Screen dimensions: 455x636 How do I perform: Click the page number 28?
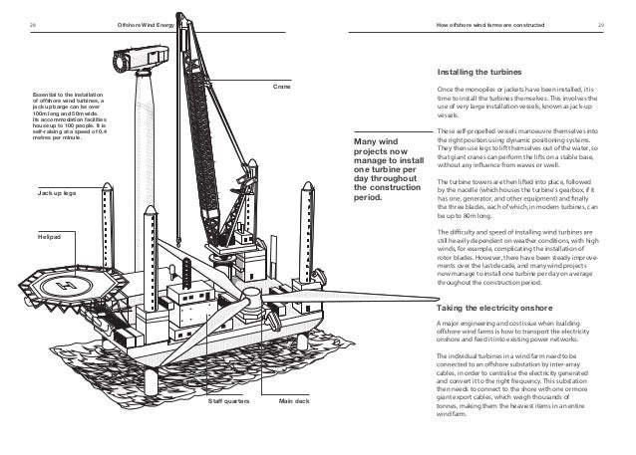[x=22, y=24]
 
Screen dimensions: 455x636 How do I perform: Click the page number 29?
[x=601, y=24]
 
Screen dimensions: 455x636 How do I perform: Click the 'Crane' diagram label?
[x=280, y=87]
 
